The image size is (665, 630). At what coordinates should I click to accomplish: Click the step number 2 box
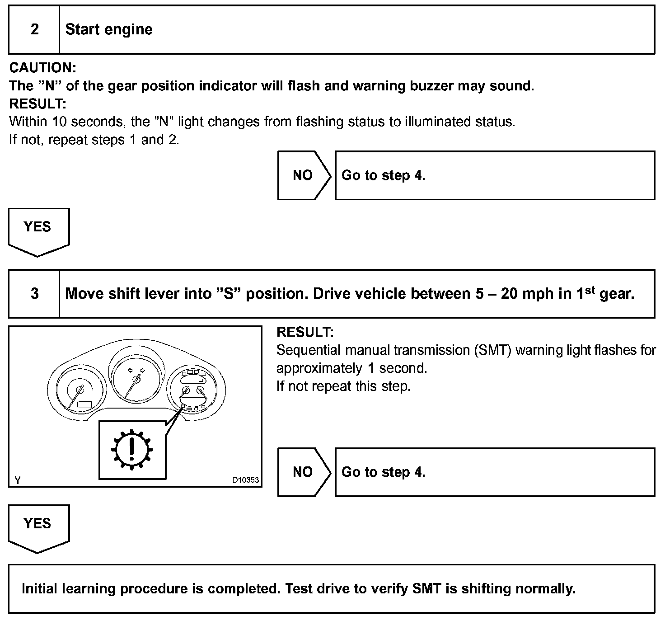coord(34,30)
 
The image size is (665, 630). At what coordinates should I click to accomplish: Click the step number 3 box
coord(34,294)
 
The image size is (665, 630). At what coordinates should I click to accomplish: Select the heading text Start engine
coord(109,30)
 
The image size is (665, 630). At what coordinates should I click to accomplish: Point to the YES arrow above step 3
coord(38,229)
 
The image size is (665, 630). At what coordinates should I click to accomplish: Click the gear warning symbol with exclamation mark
coord(132,450)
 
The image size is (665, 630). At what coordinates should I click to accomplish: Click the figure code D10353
coord(246,480)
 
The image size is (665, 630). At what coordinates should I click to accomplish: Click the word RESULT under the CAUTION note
coord(37,104)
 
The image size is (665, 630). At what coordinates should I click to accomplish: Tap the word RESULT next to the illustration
coord(305,332)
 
